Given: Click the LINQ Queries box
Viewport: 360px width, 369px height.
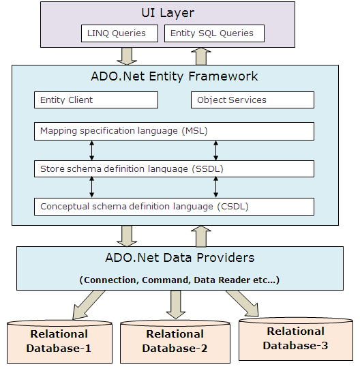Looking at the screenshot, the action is pyautogui.click(x=119, y=33).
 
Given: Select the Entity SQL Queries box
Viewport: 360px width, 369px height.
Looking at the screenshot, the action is pyautogui.click(x=214, y=33).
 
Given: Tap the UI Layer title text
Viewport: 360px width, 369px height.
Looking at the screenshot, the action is pyautogui.click(x=168, y=13).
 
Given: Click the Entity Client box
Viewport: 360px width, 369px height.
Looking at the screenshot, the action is pyautogui.click(x=96, y=100).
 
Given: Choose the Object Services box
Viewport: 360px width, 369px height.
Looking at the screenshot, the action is pyautogui.click(x=252, y=100).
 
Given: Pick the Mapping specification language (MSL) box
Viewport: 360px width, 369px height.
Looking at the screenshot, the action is pyautogui.click(x=174, y=131).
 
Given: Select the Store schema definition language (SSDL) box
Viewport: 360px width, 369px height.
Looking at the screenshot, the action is pyautogui.click(x=174, y=168).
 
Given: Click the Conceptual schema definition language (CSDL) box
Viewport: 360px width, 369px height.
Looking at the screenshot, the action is pyautogui.click(x=174, y=207).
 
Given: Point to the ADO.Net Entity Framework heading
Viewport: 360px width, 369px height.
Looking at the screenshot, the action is pyautogui.click(x=175, y=76).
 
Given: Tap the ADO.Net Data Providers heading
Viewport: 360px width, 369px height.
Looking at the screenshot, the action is pyautogui.click(x=180, y=258).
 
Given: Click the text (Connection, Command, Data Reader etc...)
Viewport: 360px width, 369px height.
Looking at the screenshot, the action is pyautogui.click(x=179, y=280).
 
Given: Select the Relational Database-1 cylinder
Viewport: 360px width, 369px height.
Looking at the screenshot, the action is pyautogui.click(x=59, y=342).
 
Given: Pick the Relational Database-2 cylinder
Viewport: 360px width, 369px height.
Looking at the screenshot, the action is pyautogui.click(x=175, y=342).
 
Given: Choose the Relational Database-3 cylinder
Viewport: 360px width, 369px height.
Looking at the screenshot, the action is pyautogui.click(x=296, y=339).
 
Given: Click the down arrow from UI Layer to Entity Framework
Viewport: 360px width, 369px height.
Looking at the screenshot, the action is pyautogui.click(x=127, y=56).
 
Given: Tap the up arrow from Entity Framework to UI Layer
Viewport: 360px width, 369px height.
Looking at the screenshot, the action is pyautogui.click(x=201, y=56).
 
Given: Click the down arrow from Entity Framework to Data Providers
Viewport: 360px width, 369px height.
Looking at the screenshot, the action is pyautogui.click(x=127, y=236).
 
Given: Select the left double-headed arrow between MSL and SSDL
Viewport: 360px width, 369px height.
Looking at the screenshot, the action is pyautogui.click(x=92, y=151).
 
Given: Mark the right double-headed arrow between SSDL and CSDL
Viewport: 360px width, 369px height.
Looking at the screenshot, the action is pyautogui.click(x=215, y=188).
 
